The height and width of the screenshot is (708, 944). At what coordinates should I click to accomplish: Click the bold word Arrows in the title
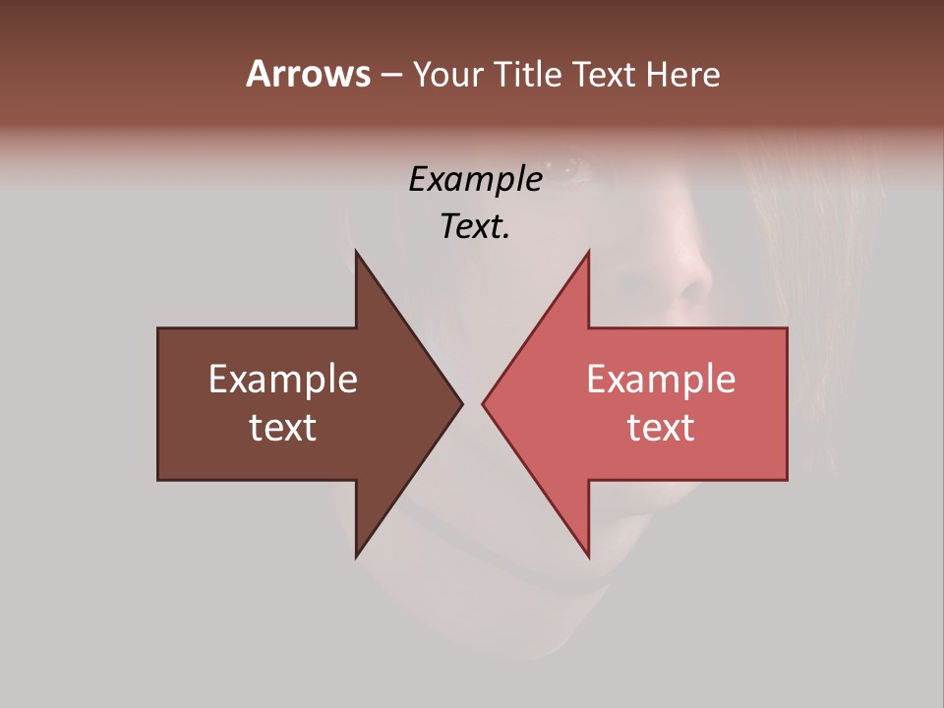(x=308, y=74)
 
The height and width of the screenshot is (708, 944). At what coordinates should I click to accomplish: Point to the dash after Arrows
(x=391, y=75)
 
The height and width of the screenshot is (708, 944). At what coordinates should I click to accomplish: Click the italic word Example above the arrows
(x=476, y=179)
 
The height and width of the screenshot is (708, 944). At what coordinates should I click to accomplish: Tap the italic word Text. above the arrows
(x=476, y=226)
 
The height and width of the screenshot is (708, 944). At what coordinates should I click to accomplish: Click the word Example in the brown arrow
(x=283, y=380)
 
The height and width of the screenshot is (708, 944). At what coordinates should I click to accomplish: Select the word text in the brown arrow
(x=283, y=427)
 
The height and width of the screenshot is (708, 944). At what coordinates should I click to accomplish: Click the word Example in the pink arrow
(x=661, y=380)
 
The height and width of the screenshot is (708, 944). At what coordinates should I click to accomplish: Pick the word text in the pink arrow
(x=661, y=427)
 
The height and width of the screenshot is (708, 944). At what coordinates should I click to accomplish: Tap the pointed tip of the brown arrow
(x=461, y=403)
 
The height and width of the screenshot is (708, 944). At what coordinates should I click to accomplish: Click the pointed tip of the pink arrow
(x=483, y=403)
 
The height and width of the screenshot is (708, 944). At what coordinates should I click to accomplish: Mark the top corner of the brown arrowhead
(x=357, y=252)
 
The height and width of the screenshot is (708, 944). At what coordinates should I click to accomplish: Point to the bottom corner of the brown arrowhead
(x=357, y=557)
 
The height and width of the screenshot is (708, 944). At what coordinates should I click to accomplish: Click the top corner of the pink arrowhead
(x=588, y=252)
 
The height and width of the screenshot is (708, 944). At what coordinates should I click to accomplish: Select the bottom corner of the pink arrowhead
(x=588, y=557)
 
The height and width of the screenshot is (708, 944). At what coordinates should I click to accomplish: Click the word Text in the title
(x=607, y=74)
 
